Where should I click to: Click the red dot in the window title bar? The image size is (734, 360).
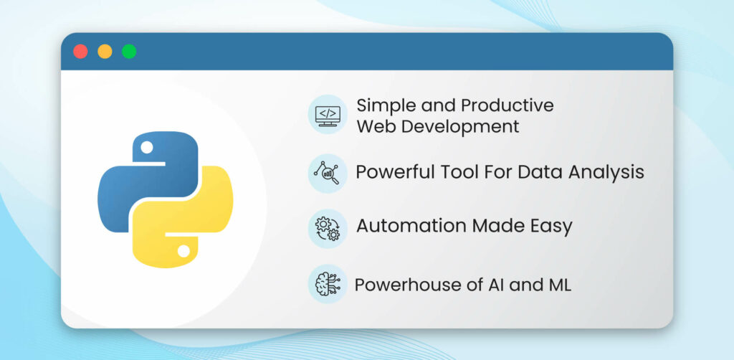(81, 52)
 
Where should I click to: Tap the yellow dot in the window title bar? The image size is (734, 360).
(105, 52)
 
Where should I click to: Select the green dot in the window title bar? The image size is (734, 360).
(129, 52)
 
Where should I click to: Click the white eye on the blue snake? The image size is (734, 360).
(147, 147)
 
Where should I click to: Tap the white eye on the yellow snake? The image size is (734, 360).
(183, 251)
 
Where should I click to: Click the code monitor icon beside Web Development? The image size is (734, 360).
(328, 115)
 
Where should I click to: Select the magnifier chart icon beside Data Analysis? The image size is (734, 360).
(328, 173)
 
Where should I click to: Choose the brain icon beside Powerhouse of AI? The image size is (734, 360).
(328, 284)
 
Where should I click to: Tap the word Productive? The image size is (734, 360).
(507, 105)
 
